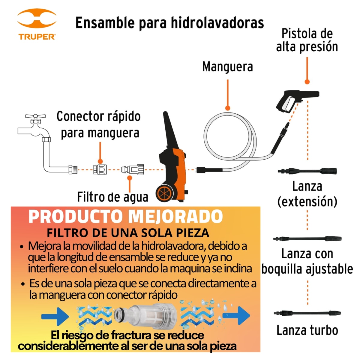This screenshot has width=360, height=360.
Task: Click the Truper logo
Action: pos(37,25)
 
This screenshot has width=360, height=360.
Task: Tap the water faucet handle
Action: pos(35,116)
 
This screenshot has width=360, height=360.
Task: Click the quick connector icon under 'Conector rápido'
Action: pos(100,170)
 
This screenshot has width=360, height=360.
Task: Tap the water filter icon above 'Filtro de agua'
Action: pos(133,169)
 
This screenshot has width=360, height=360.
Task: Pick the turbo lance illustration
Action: pos(307,313)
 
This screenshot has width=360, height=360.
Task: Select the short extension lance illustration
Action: pos(307,171)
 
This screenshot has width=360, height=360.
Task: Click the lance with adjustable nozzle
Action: pos(307,239)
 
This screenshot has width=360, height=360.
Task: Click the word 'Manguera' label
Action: pos(227,67)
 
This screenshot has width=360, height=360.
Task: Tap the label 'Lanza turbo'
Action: pos(307,330)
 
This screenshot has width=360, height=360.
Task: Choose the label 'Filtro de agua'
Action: pos(112,197)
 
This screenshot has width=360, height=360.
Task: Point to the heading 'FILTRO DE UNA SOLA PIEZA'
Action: pos(128,233)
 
